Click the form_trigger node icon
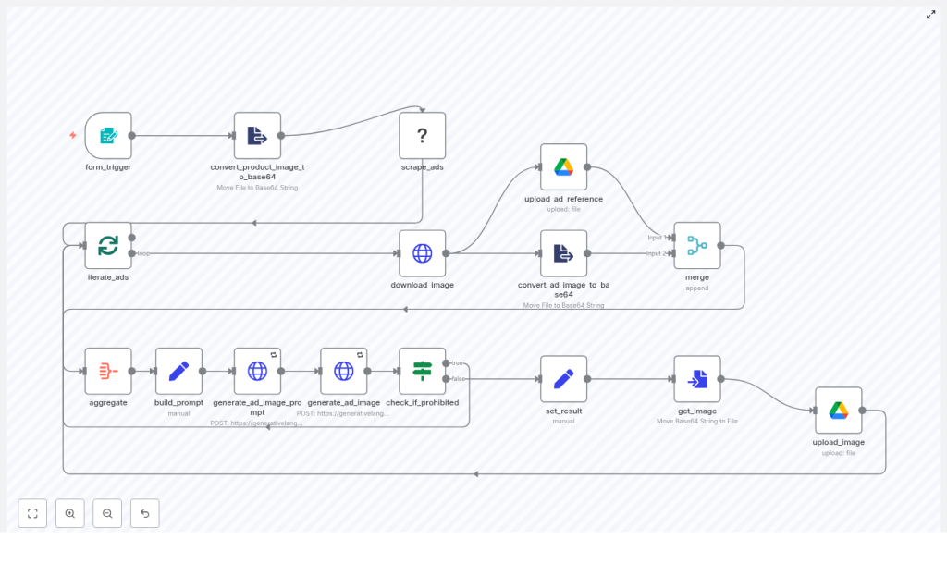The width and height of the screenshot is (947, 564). [108, 136]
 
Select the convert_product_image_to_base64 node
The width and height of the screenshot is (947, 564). [257, 136]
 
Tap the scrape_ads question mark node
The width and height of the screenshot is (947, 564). [423, 136]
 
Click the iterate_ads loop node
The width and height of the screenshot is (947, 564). [108, 246]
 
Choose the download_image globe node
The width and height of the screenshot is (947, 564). [423, 253]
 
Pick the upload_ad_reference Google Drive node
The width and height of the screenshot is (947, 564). [564, 167]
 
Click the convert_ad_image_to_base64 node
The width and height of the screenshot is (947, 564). [564, 253]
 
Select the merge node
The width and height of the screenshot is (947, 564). [697, 246]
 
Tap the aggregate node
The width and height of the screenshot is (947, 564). [108, 371]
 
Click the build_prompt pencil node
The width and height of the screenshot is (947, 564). [179, 371]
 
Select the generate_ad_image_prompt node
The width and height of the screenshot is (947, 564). [257, 371]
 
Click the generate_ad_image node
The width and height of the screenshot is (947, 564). [344, 371]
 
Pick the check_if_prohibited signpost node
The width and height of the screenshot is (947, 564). [423, 371]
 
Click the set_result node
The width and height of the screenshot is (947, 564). [564, 379]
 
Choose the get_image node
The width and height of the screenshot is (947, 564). [697, 379]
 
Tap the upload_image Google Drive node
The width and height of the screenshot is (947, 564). [839, 411]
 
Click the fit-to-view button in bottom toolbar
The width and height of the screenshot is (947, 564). [32, 513]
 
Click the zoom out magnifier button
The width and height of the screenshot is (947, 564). [107, 513]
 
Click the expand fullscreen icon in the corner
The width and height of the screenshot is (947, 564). [930, 15]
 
